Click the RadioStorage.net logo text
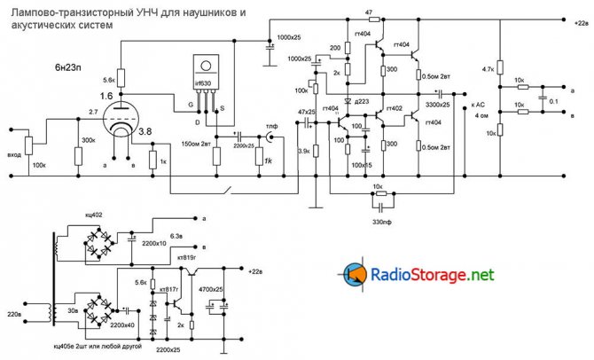click(431, 275)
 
